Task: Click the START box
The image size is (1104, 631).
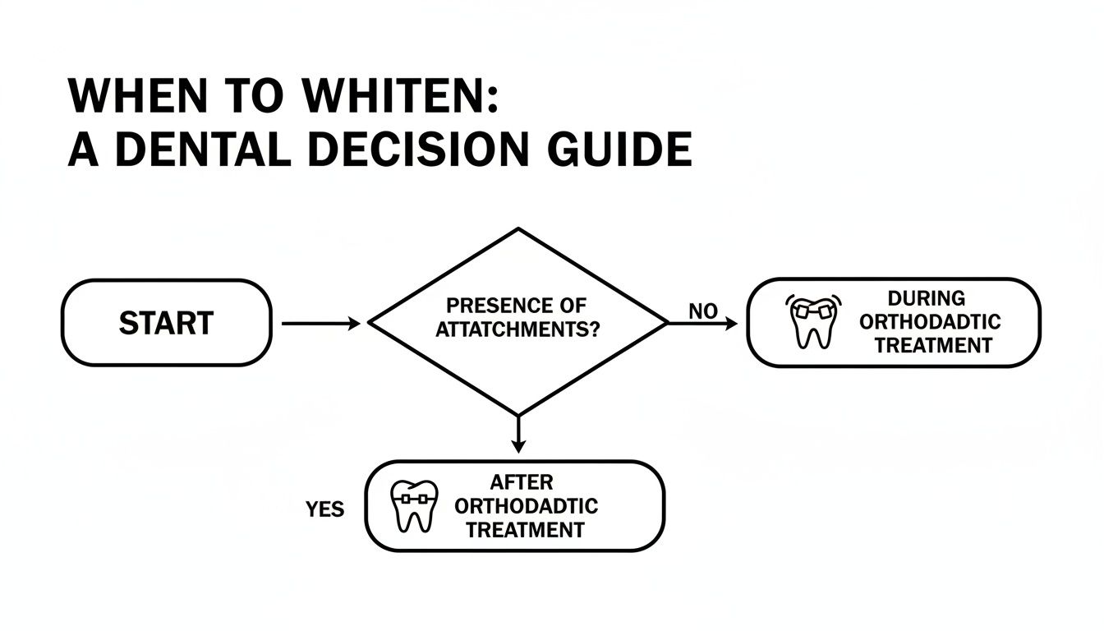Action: [x=166, y=323]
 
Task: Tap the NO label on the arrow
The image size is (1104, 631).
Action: [x=702, y=311]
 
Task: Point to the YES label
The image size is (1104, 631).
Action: [x=324, y=509]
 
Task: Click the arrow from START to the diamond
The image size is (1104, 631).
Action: [x=320, y=324]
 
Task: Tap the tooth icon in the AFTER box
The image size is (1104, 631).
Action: [x=412, y=505]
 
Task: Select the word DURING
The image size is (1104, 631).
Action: [x=926, y=297]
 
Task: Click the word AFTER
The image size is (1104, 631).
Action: [x=522, y=481]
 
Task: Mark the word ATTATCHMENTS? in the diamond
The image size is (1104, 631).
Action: [x=517, y=330]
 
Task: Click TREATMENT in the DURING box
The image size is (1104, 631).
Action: [x=932, y=345]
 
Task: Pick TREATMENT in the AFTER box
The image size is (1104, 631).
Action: [x=525, y=530]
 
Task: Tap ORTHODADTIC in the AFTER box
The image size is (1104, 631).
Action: [x=526, y=505]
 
